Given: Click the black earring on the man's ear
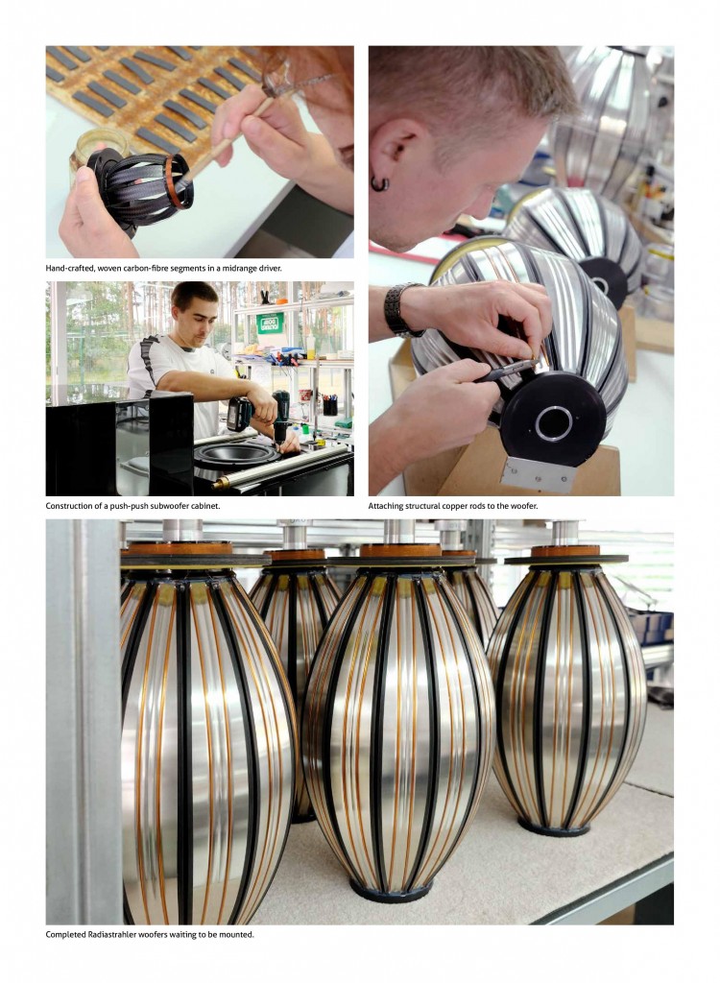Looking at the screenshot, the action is [x=379, y=184].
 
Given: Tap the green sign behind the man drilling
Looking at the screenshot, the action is [x=271, y=324].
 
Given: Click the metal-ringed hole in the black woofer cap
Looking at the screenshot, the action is [x=553, y=423].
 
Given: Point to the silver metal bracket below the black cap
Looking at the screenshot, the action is [x=540, y=474].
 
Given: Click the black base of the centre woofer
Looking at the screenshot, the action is [x=392, y=890].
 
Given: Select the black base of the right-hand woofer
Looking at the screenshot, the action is [x=553, y=828].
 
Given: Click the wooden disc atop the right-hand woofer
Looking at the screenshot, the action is [x=565, y=550].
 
